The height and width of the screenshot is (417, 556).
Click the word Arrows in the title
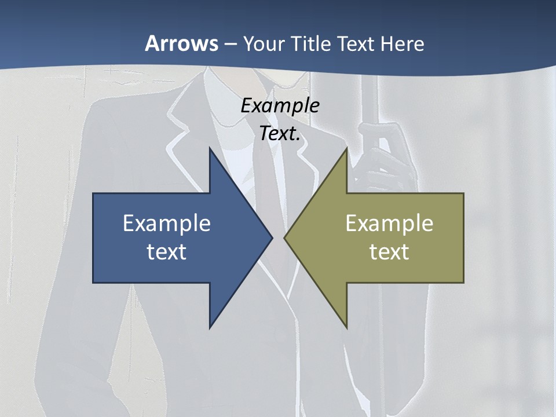pos(181,43)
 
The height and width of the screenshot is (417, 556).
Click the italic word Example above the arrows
pos(280,106)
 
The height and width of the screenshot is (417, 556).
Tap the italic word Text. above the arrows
pos(280,134)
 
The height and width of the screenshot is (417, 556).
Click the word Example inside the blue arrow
pos(167,224)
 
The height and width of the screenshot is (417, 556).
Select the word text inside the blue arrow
pos(167,252)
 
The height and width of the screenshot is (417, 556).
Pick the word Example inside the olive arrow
pos(389,224)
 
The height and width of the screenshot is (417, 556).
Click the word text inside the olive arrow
pos(389,252)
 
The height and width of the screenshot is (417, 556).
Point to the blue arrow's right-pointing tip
pos(271,237)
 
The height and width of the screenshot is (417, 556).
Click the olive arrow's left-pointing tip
pos(285,237)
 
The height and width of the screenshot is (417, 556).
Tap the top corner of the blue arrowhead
pos(210,149)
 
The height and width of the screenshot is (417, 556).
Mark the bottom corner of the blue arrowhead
pos(210,327)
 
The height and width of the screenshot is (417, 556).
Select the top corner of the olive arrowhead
pos(346,149)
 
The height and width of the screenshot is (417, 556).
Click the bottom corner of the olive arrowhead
pos(346,327)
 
